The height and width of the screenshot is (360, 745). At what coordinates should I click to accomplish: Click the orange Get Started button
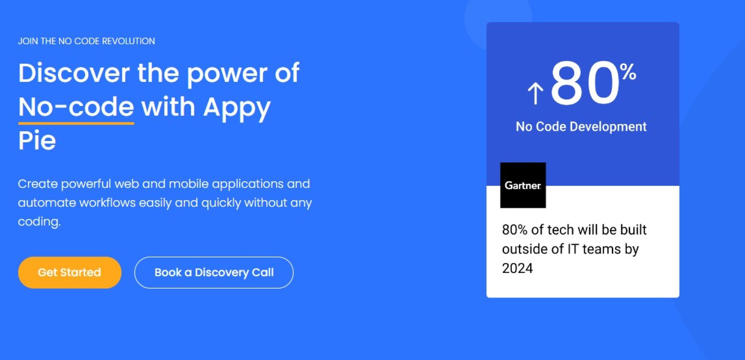(x=69, y=272)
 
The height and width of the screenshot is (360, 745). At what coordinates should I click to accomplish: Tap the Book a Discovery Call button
(x=214, y=272)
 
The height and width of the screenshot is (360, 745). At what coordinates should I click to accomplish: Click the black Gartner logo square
(x=523, y=185)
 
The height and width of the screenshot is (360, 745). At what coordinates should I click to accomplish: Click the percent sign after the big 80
(x=628, y=72)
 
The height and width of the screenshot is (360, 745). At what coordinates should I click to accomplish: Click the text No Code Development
(x=581, y=127)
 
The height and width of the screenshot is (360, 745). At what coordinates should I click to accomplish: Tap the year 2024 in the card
(x=517, y=268)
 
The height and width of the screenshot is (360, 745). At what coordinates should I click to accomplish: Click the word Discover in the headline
(x=74, y=73)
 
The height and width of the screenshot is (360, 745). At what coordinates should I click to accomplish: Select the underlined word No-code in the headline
(x=76, y=107)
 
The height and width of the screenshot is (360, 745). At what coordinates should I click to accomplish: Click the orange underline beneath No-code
(x=76, y=123)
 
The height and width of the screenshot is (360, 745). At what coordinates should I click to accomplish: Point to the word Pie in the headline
(x=37, y=141)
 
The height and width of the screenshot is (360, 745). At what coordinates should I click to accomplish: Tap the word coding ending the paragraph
(x=39, y=222)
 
